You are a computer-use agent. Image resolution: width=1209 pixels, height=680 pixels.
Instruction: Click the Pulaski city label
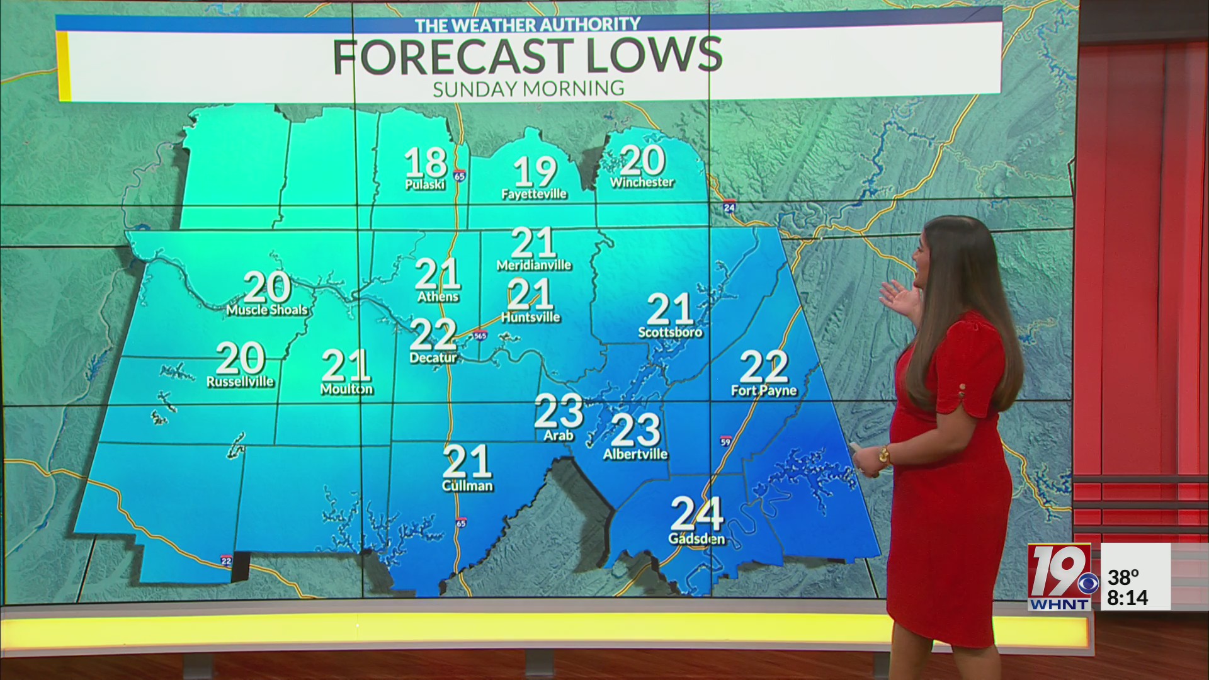coord(425,184)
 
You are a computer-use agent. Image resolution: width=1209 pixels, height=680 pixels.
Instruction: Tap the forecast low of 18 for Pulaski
coord(426,162)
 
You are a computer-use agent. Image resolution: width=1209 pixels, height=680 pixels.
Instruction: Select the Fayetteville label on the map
coord(534,194)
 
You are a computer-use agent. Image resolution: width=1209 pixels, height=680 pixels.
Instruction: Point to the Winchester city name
coord(642,182)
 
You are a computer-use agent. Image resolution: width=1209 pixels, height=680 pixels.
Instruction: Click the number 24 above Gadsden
coord(696,514)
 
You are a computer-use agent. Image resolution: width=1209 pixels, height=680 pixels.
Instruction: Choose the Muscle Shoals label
coord(267,310)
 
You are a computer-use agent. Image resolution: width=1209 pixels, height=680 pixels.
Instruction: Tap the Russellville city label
coord(240,382)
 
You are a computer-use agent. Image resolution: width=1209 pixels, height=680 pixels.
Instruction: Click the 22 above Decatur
coord(433,334)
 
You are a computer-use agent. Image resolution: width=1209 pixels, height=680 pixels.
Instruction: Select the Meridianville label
coord(534,265)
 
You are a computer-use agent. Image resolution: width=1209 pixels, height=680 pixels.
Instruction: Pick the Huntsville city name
coord(530,317)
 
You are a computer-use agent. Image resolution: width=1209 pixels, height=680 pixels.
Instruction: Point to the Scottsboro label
coord(670,332)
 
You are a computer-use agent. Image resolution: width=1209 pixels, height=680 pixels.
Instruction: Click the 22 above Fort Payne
coord(764,366)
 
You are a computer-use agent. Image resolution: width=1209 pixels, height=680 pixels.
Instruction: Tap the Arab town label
coord(559,435)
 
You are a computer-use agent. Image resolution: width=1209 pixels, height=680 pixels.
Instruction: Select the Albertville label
coord(635,454)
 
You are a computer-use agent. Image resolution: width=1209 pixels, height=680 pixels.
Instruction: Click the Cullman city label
coord(467,486)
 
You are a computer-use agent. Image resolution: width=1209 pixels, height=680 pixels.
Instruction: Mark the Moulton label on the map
coord(346,389)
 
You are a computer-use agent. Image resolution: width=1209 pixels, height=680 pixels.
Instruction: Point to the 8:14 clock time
coord(1127,598)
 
